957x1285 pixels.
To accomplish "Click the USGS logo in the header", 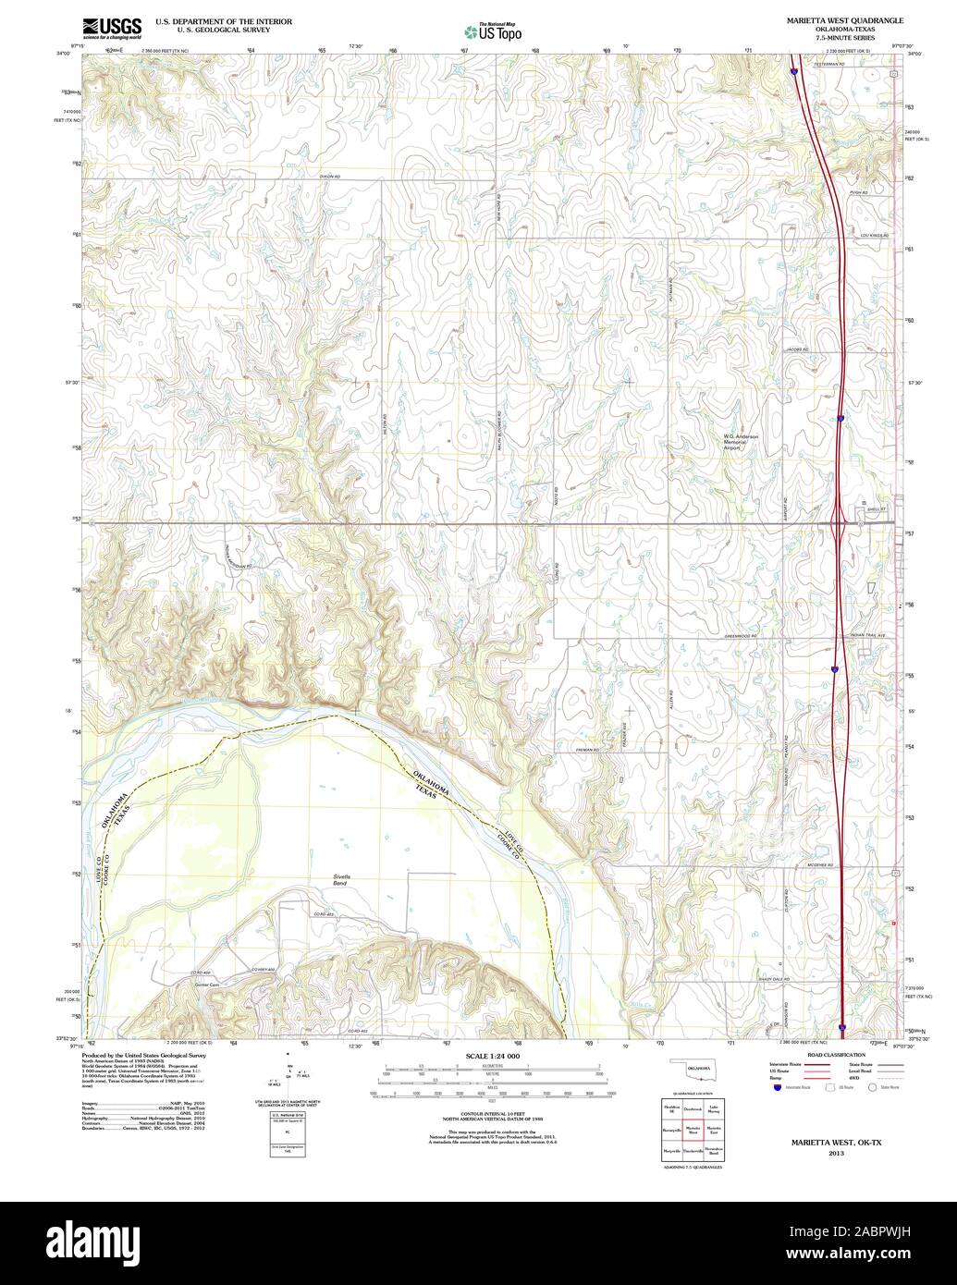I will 111,27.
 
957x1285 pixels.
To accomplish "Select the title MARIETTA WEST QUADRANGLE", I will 845,19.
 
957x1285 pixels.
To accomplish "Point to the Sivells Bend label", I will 341,879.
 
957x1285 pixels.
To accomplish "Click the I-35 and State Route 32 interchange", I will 840,524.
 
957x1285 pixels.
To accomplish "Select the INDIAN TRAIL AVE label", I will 867,636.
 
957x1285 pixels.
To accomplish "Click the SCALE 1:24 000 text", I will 493,1056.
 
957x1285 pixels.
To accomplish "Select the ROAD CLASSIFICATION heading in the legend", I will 835,1055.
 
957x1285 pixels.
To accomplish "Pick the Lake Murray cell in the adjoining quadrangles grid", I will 713,1108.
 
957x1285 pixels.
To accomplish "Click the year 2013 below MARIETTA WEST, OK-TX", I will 836,1155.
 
